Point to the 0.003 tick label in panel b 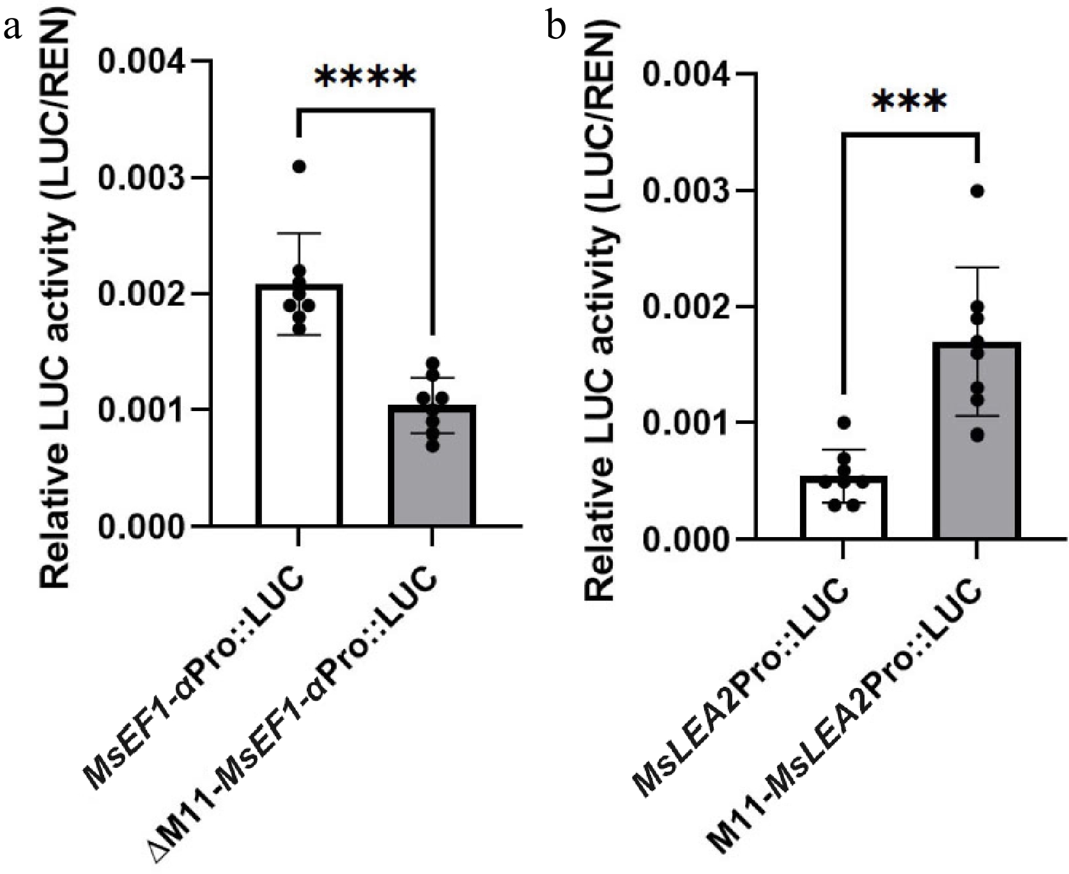[x=684, y=191]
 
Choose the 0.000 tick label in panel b [x=684, y=539]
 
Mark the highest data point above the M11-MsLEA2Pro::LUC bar [x=976, y=191]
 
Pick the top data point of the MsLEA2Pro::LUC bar [x=843, y=423]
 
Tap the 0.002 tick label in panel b [x=684, y=307]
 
